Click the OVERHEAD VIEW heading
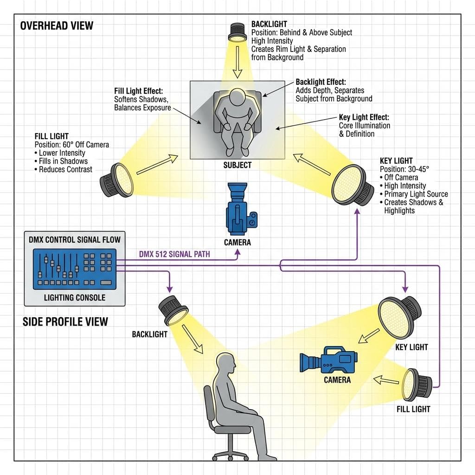click(57, 25)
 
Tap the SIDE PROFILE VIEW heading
click(65, 321)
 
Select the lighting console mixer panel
click(74, 269)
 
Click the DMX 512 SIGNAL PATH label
click(174, 254)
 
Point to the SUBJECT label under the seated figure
click(237, 165)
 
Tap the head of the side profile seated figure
click(227, 363)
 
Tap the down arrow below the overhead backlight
click(237, 68)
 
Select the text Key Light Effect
click(364, 117)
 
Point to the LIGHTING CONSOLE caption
click(74, 297)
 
